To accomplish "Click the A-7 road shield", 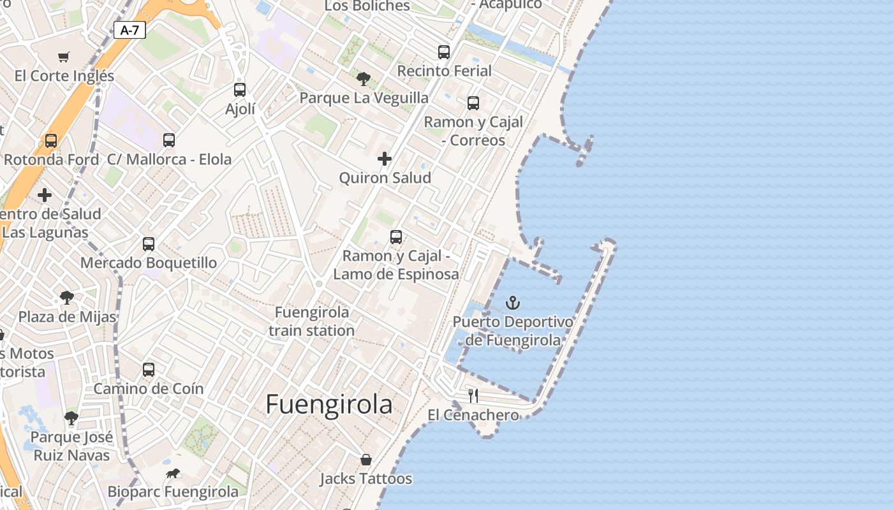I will [x=129, y=29].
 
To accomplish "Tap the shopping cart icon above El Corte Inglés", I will [x=63, y=57].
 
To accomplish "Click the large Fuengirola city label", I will [x=328, y=404].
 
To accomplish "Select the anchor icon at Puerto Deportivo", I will [x=513, y=303].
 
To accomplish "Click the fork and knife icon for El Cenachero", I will [x=473, y=395].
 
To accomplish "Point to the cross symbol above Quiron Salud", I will [x=385, y=159].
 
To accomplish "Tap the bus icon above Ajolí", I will [x=240, y=90].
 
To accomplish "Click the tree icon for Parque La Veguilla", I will [x=364, y=79].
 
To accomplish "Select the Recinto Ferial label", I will [x=444, y=71].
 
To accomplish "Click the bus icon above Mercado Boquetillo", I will [x=149, y=244].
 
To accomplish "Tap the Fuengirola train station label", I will [x=311, y=321].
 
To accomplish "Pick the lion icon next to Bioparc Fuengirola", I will [x=173, y=473].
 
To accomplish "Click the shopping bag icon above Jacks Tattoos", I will [x=366, y=460].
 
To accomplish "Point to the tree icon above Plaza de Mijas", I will [x=67, y=297].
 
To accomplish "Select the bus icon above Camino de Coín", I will [x=149, y=369].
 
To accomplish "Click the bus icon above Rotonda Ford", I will [x=51, y=141].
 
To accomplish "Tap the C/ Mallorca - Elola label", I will [x=169, y=159].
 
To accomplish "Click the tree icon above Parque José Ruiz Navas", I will [x=71, y=418].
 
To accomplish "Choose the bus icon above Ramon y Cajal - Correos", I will [x=473, y=103].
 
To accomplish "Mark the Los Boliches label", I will [x=367, y=6].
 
